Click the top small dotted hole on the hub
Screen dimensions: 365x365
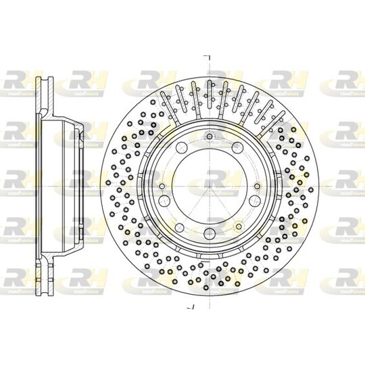210,138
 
